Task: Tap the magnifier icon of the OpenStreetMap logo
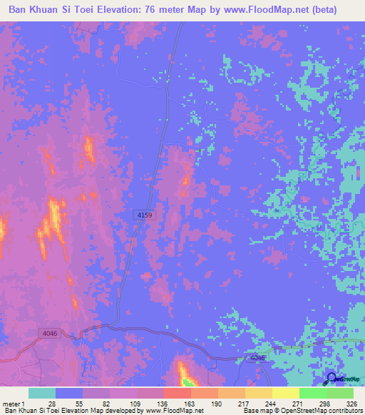pos(331,379)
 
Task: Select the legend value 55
pos(79,403)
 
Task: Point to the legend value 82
pos(106,403)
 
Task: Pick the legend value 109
pos(133,403)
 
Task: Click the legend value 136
pos(160,403)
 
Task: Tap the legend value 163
pos(187,403)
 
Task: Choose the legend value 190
pos(215,403)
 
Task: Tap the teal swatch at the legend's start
pos(42,393)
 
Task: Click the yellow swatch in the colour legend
pos(285,393)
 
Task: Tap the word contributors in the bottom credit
pos(344,411)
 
